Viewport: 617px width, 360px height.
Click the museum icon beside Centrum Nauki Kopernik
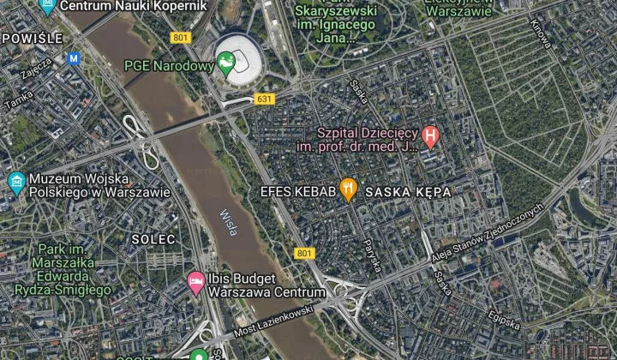point(47,5)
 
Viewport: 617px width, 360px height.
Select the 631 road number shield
point(264,99)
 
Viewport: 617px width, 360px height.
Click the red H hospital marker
point(432,135)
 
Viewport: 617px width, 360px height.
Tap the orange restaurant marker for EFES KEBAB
point(348,189)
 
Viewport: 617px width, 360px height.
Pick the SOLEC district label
point(154,237)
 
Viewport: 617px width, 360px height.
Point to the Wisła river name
point(228,225)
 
